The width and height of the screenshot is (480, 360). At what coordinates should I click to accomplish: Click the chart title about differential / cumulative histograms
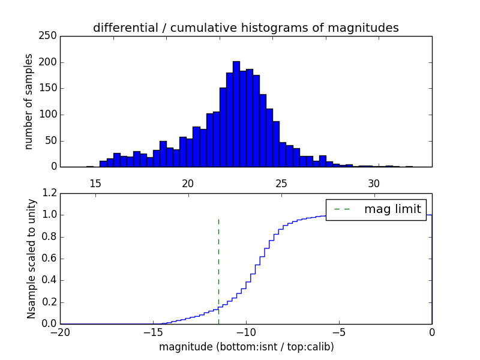point(245,28)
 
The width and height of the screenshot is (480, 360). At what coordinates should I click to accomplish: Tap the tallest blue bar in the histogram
point(236,114)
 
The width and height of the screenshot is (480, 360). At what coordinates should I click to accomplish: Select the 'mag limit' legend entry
point(392,209)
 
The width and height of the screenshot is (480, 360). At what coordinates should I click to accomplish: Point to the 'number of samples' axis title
point(29,101)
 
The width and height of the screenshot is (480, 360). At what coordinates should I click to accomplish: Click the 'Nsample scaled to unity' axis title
point(32,259)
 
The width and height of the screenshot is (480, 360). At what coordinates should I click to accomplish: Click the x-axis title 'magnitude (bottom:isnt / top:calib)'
point(246,347)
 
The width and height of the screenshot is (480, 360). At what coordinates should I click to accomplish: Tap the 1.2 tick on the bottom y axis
point(50,193)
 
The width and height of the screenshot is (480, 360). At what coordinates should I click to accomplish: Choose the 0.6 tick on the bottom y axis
point(50,259)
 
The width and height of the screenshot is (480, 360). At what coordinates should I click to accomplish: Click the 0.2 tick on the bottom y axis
point(50,302)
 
